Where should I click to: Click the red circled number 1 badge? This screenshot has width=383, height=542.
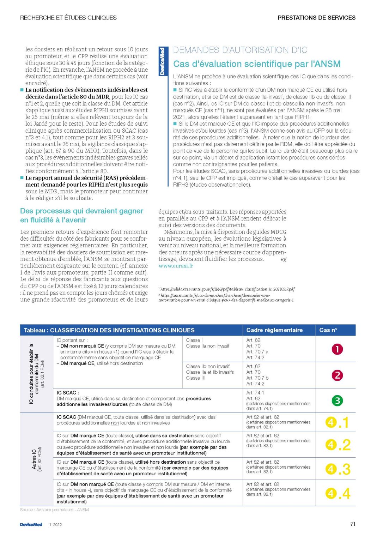click(x=337, y=349)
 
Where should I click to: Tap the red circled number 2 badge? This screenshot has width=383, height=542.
click(x=337, y=375)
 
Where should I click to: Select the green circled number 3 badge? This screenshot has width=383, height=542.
click(x=337, y=401)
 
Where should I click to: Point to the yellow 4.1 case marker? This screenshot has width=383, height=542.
click(x=338, y=422)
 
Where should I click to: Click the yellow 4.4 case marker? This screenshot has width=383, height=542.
click(x=338, y=493)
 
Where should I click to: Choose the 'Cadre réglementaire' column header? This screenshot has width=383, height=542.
click(x=274, y=330)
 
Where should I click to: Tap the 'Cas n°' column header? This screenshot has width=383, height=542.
click(x=328, y=330)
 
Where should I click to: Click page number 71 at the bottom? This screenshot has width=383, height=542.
click(x=353, y=524)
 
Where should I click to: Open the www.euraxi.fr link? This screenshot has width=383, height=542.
click(x=176, y=266)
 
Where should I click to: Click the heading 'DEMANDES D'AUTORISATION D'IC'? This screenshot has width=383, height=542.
click(x=240, y=50)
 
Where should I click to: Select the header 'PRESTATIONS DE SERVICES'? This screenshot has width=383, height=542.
click(x=316, y=18)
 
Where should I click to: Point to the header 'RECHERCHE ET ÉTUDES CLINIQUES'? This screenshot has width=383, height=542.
click(x=68, y=18)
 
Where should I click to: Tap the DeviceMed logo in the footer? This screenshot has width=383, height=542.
click(x=31, y=525)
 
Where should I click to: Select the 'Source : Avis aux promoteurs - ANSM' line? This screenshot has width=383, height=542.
click(x=55, y=510)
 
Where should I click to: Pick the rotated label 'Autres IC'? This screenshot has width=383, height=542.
click(x=35, y=459)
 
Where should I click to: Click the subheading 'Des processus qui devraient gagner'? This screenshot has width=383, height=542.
click(x=81, y=211)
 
